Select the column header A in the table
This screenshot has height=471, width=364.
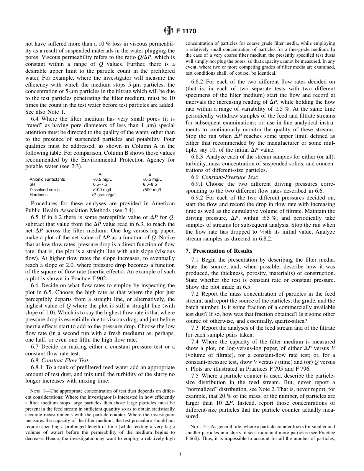(100, 174)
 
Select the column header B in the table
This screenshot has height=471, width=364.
(150, 174)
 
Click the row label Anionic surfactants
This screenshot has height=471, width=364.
(47, 179)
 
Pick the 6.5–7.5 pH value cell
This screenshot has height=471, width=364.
(100, 184)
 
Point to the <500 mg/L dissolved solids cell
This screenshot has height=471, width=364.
(152, 190)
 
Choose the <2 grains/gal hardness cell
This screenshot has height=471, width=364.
(101, 195)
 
